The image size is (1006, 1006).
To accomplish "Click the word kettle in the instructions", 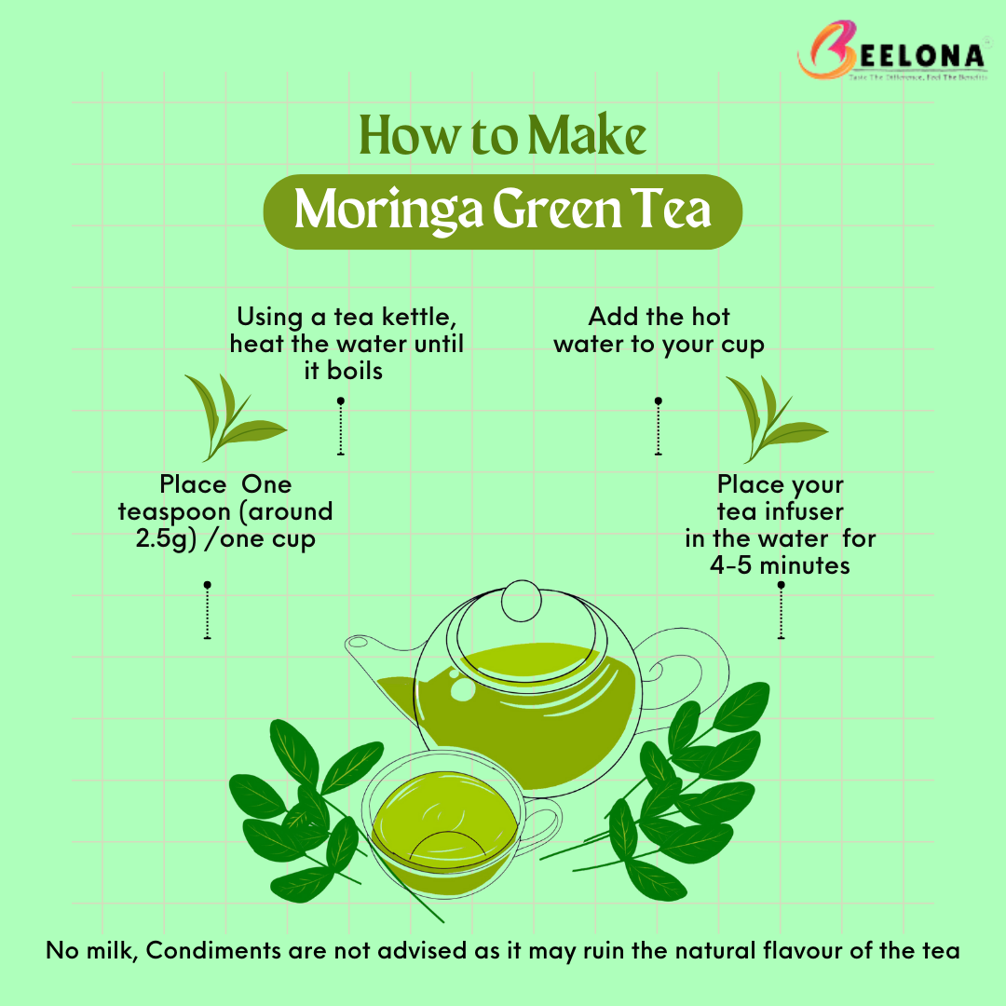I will point(415,318).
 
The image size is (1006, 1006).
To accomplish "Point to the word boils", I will point(356,371).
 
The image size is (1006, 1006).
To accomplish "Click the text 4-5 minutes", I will point(780,565).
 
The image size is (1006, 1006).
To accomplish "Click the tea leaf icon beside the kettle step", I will point(231,417).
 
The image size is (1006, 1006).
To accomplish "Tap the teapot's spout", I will point(368,657).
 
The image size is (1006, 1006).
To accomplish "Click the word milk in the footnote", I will point(114,951).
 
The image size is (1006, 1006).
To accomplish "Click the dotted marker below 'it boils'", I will point(341,427).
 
